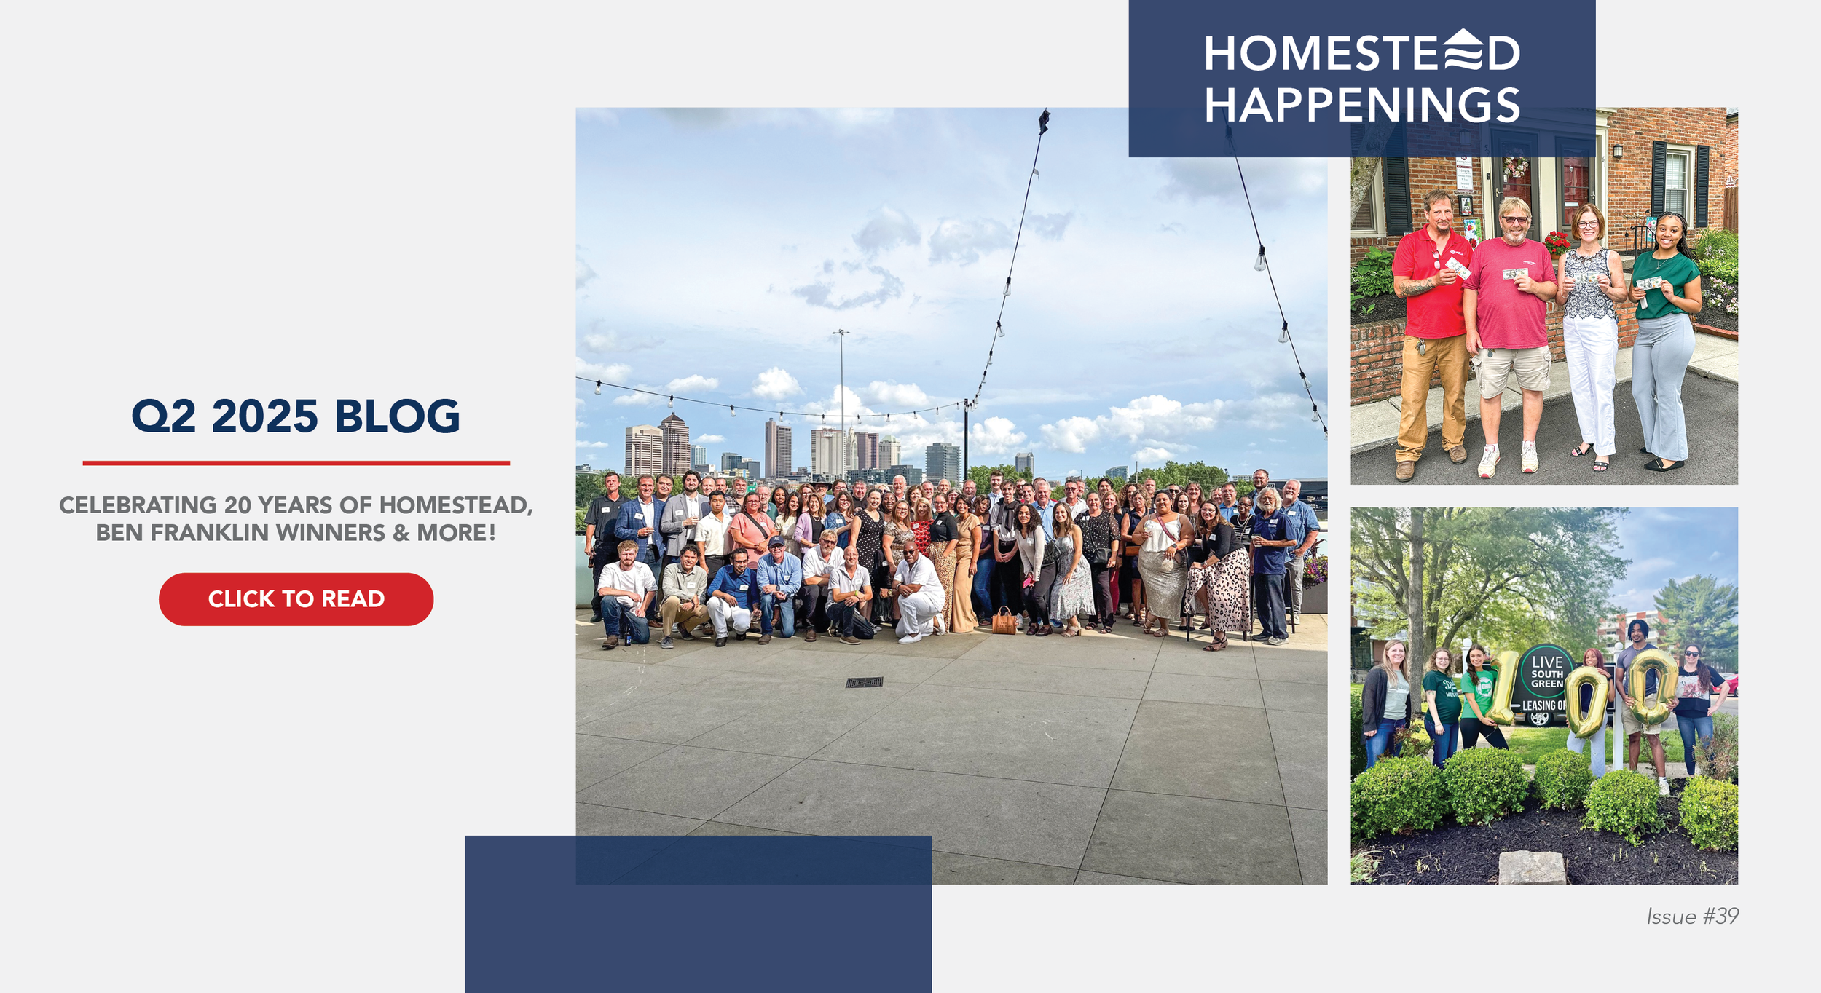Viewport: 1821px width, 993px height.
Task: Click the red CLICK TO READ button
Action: pyautogui.click(x=296, y=599)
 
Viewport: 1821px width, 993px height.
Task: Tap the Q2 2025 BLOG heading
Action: pyautogui.click(x=296, y=416)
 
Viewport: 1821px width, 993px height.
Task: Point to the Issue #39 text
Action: pyautogui.click(x=1693, y=916)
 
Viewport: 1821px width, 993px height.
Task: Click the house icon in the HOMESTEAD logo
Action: pyautogui.click(x=1463, y=49)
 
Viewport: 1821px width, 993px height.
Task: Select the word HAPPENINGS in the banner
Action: pyautogui.click(x=1362, y=106)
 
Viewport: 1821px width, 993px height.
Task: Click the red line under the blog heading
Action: pyautogui.click(x=296, y=463)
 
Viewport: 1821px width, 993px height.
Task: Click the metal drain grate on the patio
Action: pyautogui.click(x=864, y=682)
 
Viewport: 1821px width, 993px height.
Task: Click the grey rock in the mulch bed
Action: pyautogui.click(x=1532, y=867)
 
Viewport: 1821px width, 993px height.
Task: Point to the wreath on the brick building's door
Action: pyautogui.click(x=1516, y=167)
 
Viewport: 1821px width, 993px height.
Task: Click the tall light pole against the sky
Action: pyautogui.click(x=842, y=400)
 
